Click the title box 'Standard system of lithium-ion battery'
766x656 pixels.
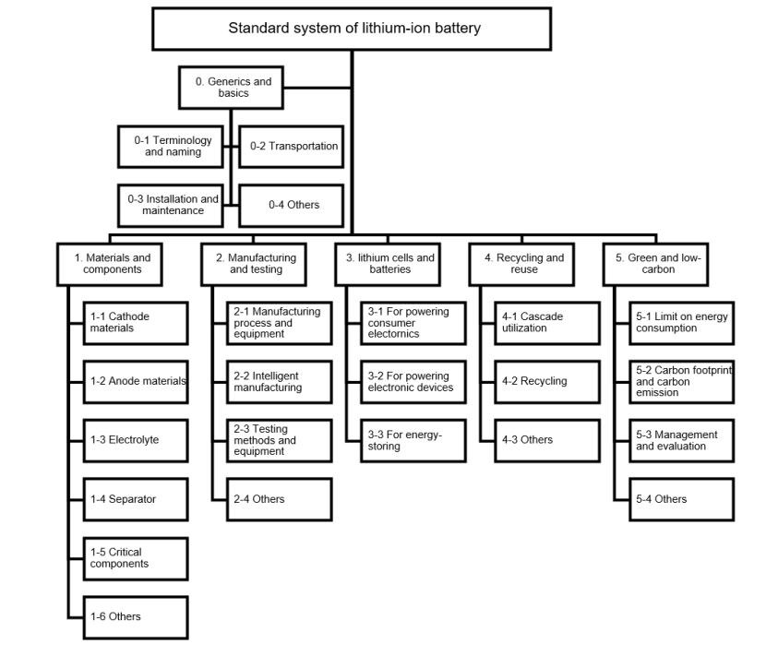pos(352,29)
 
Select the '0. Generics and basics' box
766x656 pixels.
pos(231,88)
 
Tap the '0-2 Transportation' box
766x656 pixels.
pos(292,147)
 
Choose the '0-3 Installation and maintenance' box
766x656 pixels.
pos(171,205)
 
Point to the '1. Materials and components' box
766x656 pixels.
pos(110,264)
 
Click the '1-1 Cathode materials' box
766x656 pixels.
pos(136,323)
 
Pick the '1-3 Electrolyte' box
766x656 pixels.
pos(136,441)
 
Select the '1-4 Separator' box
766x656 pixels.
pos(136,500)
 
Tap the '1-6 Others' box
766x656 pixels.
pos(136,617)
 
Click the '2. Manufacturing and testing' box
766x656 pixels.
pos(254,264)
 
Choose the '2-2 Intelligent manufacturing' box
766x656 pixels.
pos(280,382)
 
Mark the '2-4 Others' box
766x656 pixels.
pos(280,500)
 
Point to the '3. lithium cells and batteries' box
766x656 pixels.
pos(388,264)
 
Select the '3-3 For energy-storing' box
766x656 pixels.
pos(413,441)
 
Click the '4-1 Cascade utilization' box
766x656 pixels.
pos(547,323)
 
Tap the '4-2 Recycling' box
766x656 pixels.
pos(547,382)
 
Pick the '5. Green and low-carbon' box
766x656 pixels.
pos(655,264)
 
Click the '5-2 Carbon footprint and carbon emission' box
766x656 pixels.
pos(682,382)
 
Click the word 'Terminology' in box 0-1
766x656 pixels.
pos(182,140)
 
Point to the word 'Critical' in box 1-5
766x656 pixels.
pos(126,552)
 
